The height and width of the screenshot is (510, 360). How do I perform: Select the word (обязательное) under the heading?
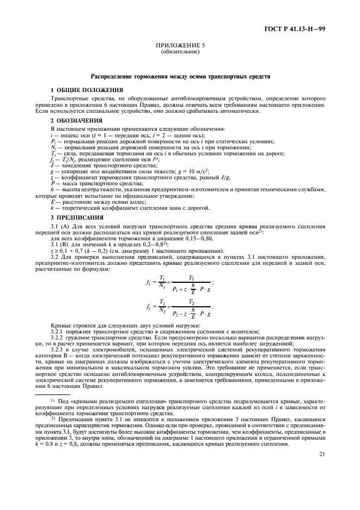pos(179,53)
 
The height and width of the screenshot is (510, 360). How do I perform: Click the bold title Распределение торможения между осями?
pos(179,76)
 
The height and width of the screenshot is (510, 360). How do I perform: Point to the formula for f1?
pos(179,283)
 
